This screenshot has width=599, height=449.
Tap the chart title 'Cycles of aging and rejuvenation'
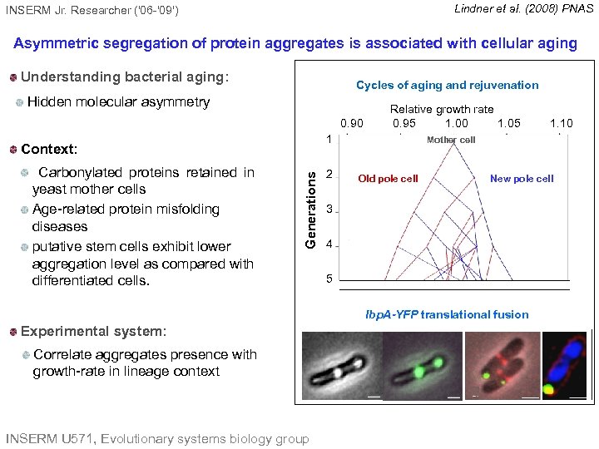click(447, 85)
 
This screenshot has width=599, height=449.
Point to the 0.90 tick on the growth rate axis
click(351, 123)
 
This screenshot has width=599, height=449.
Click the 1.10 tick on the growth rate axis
click(562, 123)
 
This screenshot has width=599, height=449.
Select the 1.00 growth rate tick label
click(456, 123)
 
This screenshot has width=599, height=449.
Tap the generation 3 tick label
click(329, 209)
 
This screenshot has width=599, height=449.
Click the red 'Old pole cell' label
click(388, 179)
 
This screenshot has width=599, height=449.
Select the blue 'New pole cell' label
click(522, 179)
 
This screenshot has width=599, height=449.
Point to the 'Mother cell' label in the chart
click(451, 140)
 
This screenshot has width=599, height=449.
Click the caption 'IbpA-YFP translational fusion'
click(447, 314)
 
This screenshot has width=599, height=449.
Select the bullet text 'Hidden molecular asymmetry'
click(118, 101)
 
